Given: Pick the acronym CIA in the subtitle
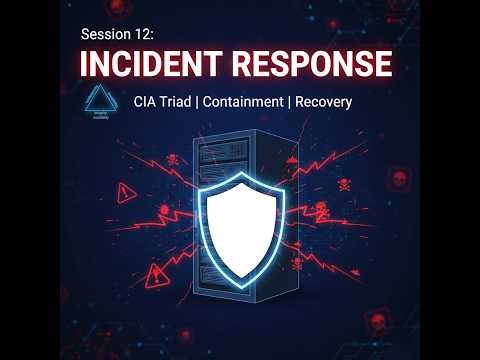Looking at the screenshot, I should tap(147, 102).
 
